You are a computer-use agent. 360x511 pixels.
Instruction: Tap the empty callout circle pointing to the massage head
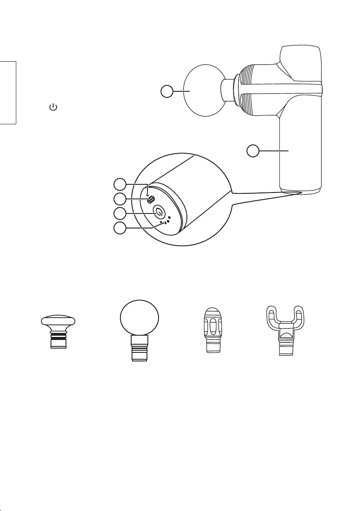tap(167, 91)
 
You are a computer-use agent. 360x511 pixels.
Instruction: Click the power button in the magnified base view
tap(159, 212)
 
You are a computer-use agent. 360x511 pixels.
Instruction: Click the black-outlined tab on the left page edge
tap(8, 93)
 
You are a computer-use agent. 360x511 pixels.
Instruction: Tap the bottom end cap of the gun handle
tap(300, 189)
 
